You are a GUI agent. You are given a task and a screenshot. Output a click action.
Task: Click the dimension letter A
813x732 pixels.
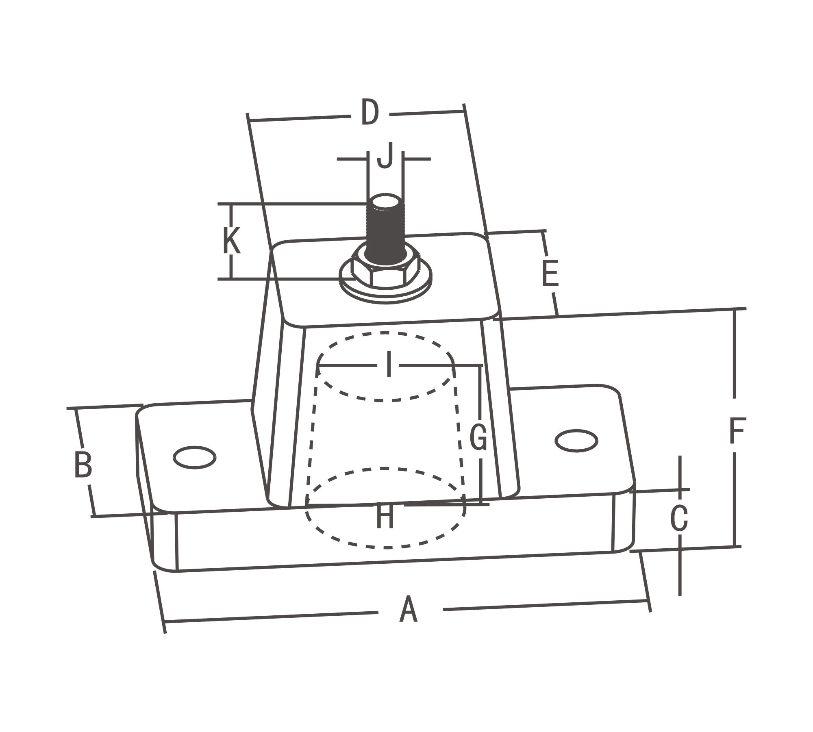point(409,610)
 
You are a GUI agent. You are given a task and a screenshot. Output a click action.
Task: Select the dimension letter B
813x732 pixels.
point(83,464)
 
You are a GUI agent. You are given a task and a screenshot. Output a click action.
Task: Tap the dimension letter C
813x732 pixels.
point(679,518)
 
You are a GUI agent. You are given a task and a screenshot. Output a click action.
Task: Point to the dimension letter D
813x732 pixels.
point(370,112)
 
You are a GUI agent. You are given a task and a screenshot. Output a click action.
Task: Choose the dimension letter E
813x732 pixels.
point(550,274)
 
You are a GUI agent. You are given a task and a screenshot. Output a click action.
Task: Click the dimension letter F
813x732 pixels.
point(737,431)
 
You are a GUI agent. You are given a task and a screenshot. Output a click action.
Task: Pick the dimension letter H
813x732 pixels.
point(385,517)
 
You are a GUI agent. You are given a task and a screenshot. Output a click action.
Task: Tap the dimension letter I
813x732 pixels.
point(389,365)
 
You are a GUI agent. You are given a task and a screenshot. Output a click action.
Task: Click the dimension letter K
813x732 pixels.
point(231,241)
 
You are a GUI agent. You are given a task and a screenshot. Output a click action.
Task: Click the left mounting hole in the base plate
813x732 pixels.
point(194,458)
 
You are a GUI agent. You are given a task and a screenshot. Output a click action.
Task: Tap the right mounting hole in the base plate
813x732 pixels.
point(576,441)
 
